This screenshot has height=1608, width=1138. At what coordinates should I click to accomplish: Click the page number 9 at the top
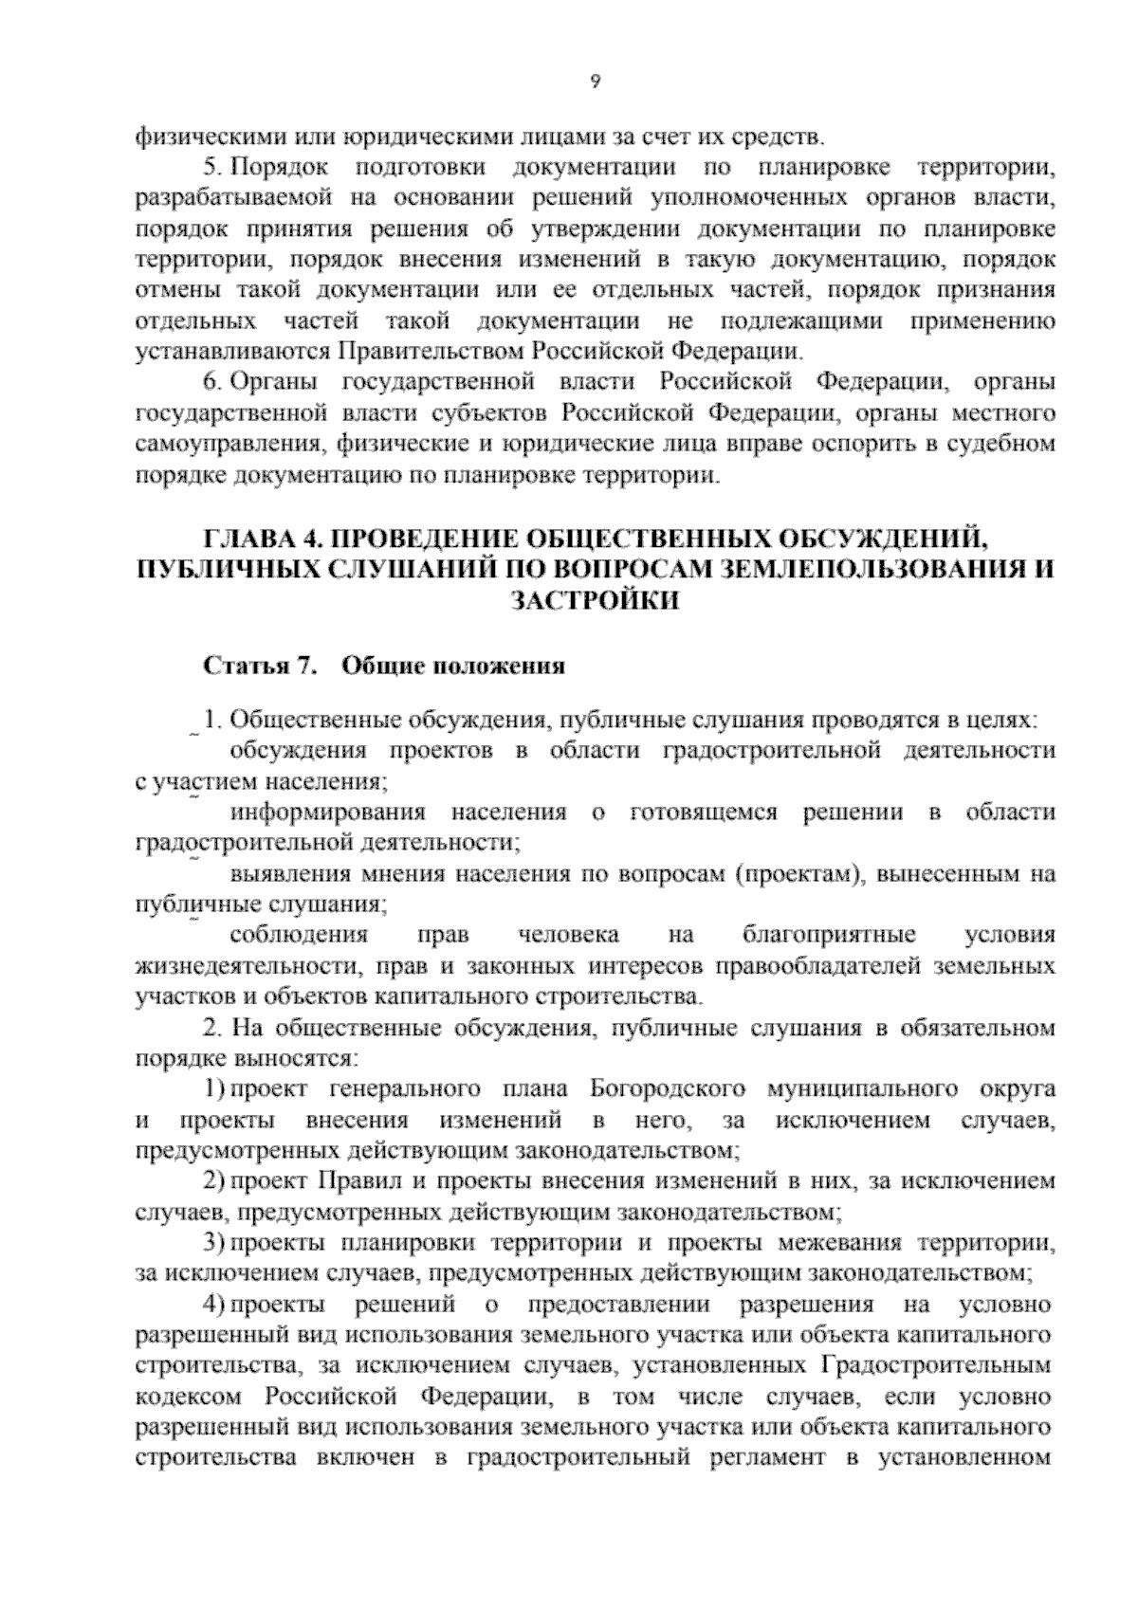pyautogui.click(x=595, y=82)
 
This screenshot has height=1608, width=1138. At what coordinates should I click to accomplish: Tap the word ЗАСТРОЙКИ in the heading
pyautogui.click(x=595, y=601)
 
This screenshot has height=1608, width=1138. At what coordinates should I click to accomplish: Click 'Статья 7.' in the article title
pyautogui.click(x=258, y=666)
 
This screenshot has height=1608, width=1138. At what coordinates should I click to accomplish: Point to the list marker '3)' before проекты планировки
pyautogui.click(x=214, y=1242)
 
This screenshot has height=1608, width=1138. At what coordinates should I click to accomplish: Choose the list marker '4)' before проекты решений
pyautogui.click(x=214, y=1305)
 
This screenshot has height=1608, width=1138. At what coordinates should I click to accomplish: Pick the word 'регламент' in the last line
pyautogui.click(x=770, y=1457)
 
